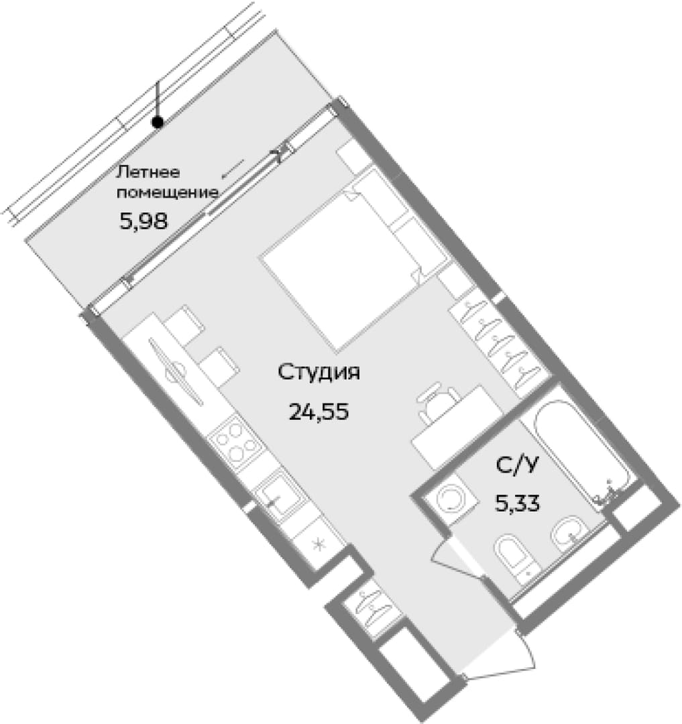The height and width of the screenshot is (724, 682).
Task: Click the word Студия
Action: click(319, 373)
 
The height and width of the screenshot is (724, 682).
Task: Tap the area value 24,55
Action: click(319, 411)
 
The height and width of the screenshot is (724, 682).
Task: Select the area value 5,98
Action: click(143, 222)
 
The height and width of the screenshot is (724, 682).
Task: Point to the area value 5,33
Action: click(517, 502)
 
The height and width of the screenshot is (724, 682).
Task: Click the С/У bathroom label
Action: click(517, 465)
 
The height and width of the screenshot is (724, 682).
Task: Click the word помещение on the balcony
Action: click(167, 192)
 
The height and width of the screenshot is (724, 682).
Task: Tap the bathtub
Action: click(583, 453)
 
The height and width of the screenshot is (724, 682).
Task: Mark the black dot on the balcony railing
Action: click(158, 123)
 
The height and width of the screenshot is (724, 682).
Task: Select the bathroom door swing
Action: click(457, 557)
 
